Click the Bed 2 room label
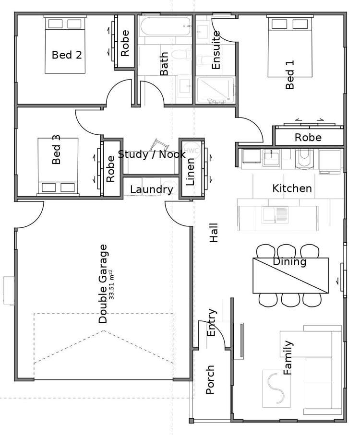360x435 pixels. coord(67,55)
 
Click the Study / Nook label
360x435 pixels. coord(152,154)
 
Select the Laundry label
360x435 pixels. coord(151,190)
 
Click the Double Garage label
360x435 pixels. coord(103,283)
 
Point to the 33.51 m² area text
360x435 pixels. coord(112,283)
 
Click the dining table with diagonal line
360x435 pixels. coord(290,275)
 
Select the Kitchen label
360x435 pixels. coord(292,188)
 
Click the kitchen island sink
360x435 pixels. coord(275,215)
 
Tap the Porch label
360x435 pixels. coord(210,380)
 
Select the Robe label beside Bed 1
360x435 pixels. coord(308,138)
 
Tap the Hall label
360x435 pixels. coord(214,232)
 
